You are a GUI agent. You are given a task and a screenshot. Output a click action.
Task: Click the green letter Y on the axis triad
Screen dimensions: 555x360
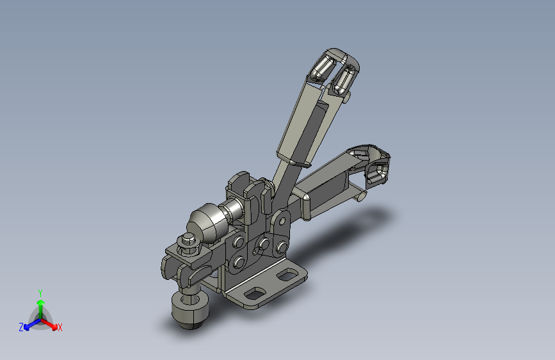click(x=40, y=293)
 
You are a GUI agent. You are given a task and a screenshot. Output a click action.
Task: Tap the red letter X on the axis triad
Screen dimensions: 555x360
click(x=60, y=327)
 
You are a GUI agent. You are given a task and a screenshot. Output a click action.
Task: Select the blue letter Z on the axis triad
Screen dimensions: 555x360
click(x=21, y=327)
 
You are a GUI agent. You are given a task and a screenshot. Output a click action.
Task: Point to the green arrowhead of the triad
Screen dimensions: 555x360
click(x=41, y=302)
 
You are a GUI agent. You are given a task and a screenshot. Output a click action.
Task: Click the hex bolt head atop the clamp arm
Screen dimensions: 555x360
click(x=188, y=241)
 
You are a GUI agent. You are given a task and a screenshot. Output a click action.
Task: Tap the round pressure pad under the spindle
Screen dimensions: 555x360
click(x=190, y=309)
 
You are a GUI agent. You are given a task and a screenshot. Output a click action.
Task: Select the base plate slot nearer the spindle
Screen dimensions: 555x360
click(x=255, y=293)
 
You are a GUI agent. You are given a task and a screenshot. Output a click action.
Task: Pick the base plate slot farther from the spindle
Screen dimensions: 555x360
click(x=287, y=275)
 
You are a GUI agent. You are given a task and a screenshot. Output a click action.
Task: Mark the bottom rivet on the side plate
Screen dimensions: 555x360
click(x=239, y=263)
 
